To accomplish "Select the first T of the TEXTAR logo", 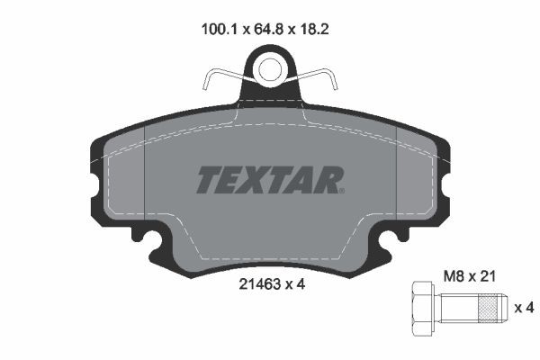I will pyautogui.click(x=208, y=180).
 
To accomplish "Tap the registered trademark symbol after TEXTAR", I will pyautogui.click(x=340, y=190).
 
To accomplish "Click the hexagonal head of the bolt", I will pyautogui.click(x=422, y=308).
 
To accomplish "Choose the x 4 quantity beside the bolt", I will pyautogui.click(x=524, y=308).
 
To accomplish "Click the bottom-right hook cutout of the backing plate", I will pyautogui.click(x=389, y=240).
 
